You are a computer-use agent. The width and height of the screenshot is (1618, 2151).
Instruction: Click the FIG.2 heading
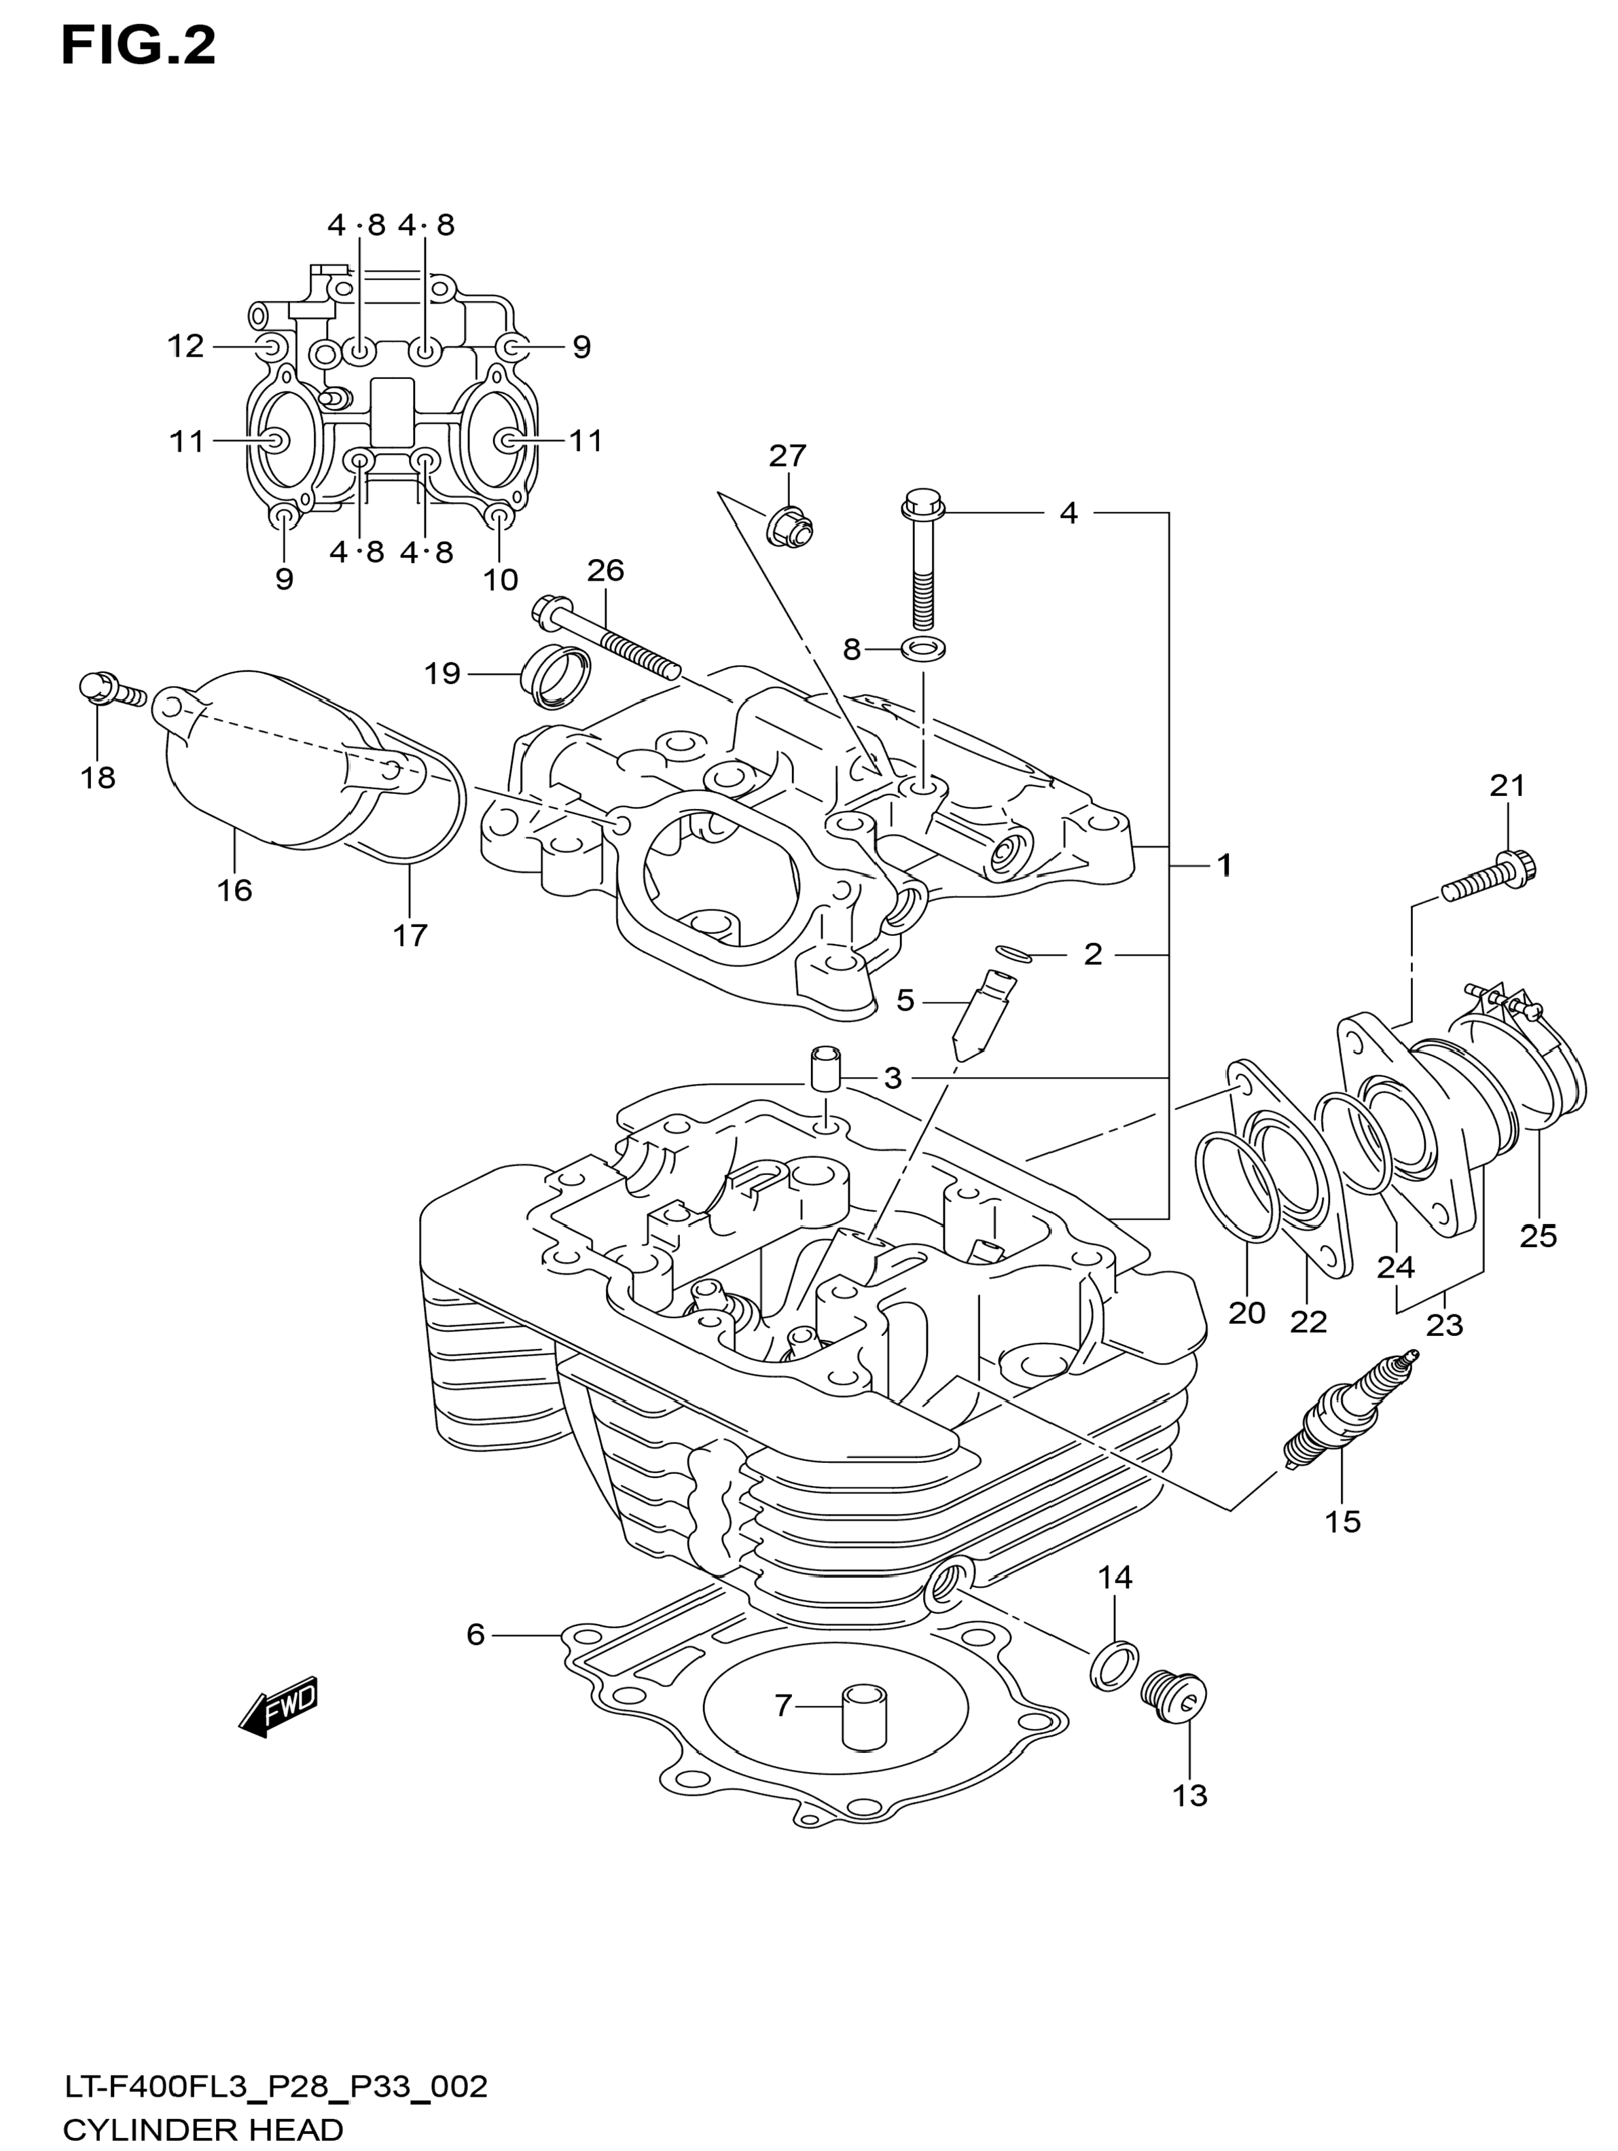(138, 47)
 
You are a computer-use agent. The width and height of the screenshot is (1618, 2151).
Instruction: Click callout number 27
(788, 455)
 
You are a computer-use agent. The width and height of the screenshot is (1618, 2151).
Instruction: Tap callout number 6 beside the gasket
(475, 1635)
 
